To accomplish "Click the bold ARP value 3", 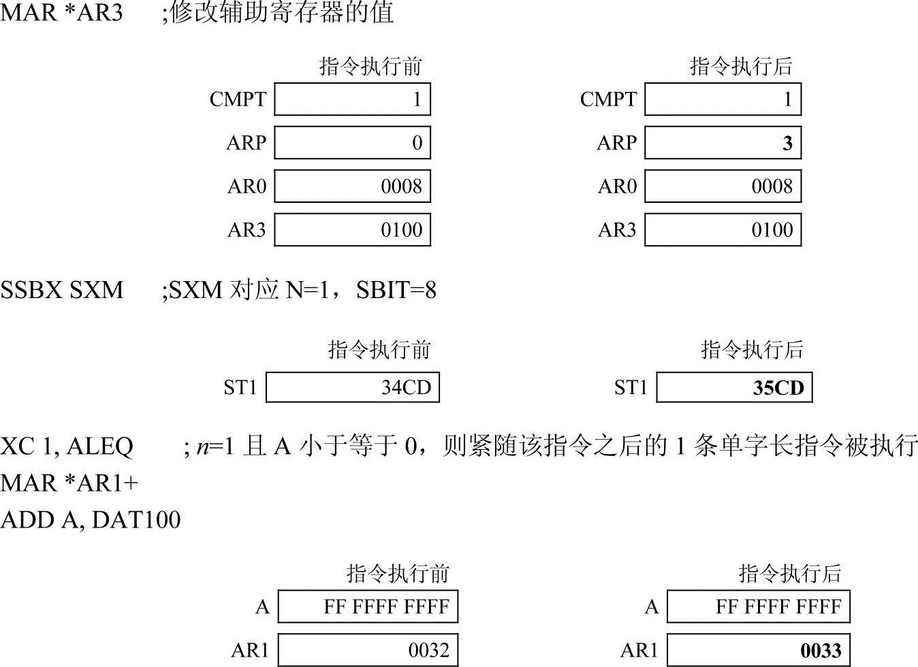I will coord(787,143).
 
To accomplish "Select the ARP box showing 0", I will coord(352,143).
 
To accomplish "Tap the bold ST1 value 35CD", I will coord(778,388).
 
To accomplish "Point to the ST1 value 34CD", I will coord(406,388).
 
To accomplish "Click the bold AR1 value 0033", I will coord(821,651).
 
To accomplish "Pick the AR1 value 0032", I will coord(428,651).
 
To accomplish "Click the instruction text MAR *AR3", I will coord(61,12).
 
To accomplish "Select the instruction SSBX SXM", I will coord(62,291).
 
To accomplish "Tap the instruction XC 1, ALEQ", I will coord(67,446).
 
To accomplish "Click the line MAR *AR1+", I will coord(69,483).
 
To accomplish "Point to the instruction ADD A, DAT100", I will coord(91,520).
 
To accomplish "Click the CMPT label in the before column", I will coord(238,99).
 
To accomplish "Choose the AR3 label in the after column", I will coord(616,230).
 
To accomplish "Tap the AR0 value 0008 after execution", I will coord(772,186).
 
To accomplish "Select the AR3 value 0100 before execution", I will coord(401,230).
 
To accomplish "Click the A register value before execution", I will coord(386,606).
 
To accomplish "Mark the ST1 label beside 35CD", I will coord(631,388).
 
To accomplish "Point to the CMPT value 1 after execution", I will coord(787,99).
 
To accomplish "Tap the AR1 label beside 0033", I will coord(639,651).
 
